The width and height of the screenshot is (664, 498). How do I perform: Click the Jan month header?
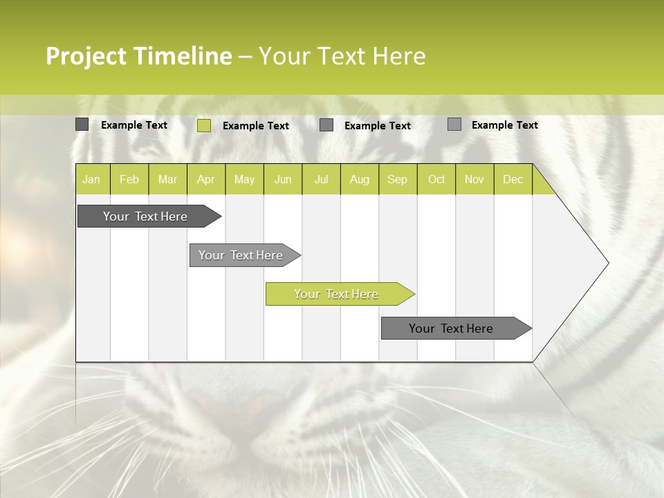coord(91,180)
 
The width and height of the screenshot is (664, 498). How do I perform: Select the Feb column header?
coord(129,180)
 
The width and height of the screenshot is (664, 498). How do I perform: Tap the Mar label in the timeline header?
coord(167,180)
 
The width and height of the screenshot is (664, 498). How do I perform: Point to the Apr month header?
coord(205,180)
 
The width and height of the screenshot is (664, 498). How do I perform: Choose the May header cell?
coord(244,180)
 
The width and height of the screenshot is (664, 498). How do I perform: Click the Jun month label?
coord(283,180)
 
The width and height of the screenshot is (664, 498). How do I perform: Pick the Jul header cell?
coord(321,180)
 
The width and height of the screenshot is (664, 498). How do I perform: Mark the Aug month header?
coord(359,180)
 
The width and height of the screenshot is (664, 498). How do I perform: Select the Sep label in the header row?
coord(397,180)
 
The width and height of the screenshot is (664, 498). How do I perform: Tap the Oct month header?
coord(436,180)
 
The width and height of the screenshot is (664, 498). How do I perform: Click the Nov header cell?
coord(474,180)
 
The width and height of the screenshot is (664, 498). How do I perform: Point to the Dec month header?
coord(513,180)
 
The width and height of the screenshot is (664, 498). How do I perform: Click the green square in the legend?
coord(204,125)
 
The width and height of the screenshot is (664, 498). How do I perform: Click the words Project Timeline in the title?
coord(138,56)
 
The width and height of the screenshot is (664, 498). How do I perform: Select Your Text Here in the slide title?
coord(342,56)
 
